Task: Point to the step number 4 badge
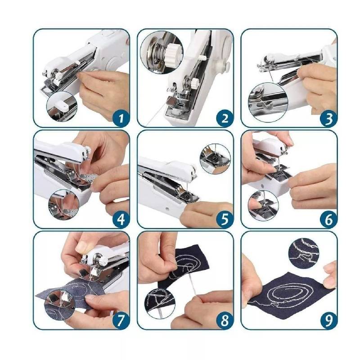coord(121,219)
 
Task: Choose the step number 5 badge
coord(225,219)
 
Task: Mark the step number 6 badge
coord(329,219)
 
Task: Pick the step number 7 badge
coord(121,320)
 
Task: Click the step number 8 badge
coord(225,320)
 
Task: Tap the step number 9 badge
coord(329,320)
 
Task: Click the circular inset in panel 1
coord(62,107)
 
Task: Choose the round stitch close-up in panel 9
coord(303,253)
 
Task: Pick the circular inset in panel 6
coord(263,205)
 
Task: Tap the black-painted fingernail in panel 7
coord(83,273)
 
